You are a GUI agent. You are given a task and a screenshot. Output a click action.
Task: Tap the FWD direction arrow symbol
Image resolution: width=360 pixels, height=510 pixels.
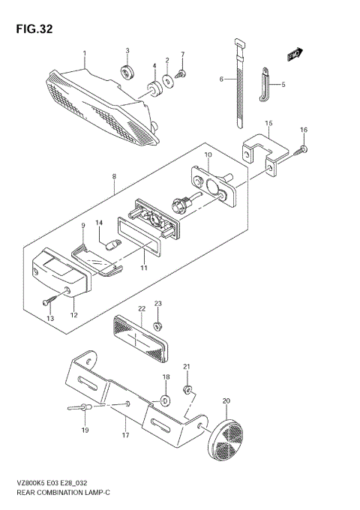pos(294,54)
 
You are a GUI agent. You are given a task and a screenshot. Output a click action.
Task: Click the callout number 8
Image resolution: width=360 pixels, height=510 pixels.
pos(113,178)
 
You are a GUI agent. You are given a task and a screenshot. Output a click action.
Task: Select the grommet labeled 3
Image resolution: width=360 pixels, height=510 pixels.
pos(127,72)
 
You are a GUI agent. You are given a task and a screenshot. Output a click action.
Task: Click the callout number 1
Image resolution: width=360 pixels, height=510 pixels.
pos(85,52)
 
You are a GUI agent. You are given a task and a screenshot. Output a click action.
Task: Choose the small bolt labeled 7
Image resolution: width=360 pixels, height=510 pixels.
pos(181,73)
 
